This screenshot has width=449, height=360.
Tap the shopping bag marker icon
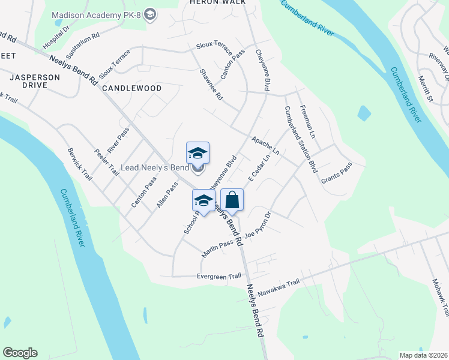[x=232, y=200]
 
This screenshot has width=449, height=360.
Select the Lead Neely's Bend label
[x=155, y=167]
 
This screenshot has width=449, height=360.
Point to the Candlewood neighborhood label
[x=131, y=88]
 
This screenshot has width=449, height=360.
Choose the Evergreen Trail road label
[x=219, y=277]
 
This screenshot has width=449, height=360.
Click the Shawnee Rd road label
[x=211, y=84]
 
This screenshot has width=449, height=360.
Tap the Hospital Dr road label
[x=56, y=37]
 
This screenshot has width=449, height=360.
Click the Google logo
[x=20, y=353]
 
